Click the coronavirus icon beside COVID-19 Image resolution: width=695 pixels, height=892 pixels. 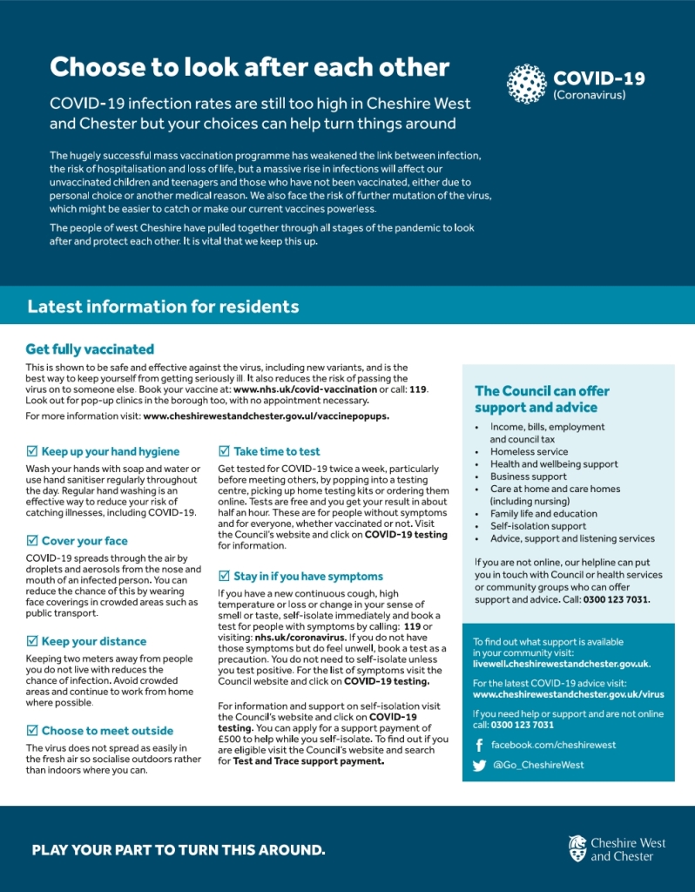pyautogui.click(x=526, y=84)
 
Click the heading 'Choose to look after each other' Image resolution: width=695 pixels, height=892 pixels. pyautogui.click(x=249, y=67)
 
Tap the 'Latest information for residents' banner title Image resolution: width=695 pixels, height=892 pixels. pyautogui.click(x=163, y=307)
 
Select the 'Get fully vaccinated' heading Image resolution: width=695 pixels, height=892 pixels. pyautogui.click(x=90, y=349)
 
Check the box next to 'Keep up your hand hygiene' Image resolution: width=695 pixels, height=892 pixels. pyautogui.click(x=32, y=451)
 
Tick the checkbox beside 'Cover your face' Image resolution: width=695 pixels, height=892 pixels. pyautogui.click(x=32, y=541)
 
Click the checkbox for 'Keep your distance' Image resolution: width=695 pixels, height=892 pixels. pyautogui.click(x=32, y=641)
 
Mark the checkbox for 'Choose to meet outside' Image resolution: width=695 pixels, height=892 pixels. pyautogui.click(x=32, y=731)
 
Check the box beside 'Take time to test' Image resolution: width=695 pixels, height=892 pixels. pyautogui.click(x=224, y=451)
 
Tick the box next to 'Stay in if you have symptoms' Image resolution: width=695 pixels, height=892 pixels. pyautogui.click(x=224, y=577)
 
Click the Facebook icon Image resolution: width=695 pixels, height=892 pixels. pyautogui.click(x=479, y=746)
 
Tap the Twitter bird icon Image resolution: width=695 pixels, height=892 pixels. pyautogui.click(x=479, y=766)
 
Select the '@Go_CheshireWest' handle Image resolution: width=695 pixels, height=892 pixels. pyautogui.click(x=538, y=765)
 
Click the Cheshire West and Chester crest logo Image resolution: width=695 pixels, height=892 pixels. pyautogui.click(x=577, y=848)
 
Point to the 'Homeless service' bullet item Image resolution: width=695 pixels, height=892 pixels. pyautogui.click(x=528, y=452)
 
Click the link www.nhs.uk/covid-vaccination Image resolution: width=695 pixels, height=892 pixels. pyautogui.click(x=294, y=389)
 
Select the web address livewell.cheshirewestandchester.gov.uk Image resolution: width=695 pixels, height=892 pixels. pyautogui.click(x=561, y=664)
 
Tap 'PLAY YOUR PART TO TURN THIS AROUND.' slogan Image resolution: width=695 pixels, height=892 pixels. pyautogui.click(x=179, y=850)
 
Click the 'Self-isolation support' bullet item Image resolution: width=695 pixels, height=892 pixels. pyautogui.click(x=538, y=526)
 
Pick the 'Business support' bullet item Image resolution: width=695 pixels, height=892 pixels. pyautogui.click(x=528, y=476)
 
